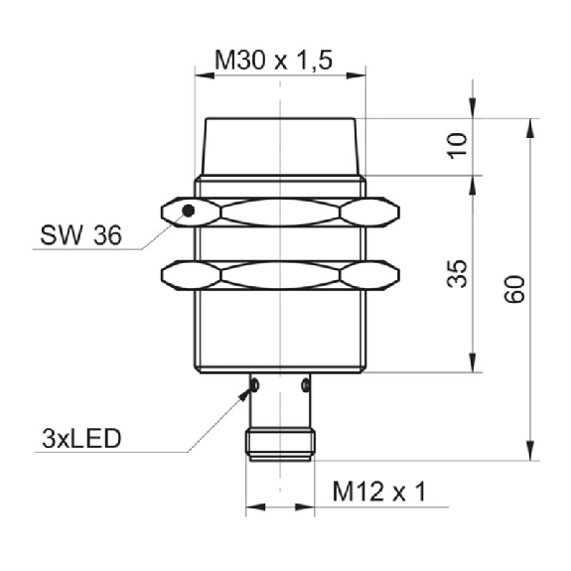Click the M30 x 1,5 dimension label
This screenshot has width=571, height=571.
pos(273,61)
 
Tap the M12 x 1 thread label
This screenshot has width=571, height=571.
pos(379,492)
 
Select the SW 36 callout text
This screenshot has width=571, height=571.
pos(80,235)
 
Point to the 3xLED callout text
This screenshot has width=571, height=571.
pos(81,439)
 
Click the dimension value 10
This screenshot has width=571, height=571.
pos(457,146)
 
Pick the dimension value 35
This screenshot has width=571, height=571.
pos(457,274)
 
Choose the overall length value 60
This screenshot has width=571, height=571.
pos(514,290)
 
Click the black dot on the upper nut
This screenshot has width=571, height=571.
pos(189,211)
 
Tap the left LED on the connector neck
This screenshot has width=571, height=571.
pos(254,385)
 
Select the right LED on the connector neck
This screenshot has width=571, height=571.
pos(306,385)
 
